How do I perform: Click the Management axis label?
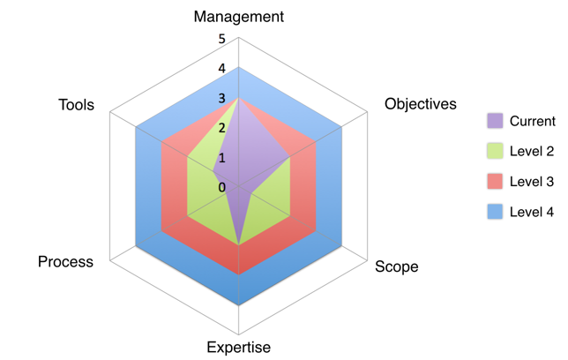(239, 17)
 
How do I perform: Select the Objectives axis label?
(421, 104)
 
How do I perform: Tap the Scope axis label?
(397, 266)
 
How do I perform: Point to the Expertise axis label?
(239, 347)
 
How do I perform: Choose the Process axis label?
(65, 261)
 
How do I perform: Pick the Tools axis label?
(77, 105)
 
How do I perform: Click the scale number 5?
(222, 38)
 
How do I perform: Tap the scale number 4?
(222, 68)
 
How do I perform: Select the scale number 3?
(222, 98)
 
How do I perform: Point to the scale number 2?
(222, 128)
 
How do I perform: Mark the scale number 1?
(222, 158)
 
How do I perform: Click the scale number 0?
(222, 187)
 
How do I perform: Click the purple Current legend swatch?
(495, 121)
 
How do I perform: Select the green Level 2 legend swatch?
(495, 151)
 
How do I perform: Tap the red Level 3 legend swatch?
(495, 181)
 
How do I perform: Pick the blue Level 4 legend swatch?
(495, 212)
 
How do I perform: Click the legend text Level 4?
(532, 212)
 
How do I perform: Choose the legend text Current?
(533, 121)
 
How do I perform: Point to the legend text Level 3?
(532, 181)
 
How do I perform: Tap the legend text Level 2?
(532, 151)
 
